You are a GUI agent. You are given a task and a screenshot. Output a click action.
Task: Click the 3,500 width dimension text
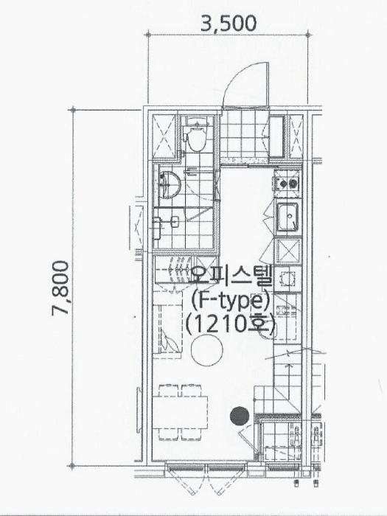228,24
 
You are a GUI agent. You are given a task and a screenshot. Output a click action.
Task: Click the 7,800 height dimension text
60,288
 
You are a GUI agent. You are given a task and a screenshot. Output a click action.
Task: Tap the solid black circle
240,416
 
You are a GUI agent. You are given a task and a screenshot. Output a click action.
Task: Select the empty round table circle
207,350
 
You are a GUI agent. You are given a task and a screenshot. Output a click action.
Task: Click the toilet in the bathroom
196,135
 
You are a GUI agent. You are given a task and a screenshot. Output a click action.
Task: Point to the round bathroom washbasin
169,185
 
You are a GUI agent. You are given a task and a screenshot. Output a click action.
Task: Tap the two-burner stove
287,184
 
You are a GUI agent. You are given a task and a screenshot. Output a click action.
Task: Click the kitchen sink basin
287,217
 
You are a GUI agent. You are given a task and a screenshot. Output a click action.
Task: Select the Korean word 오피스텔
230,276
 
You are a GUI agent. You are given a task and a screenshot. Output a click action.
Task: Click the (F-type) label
230,301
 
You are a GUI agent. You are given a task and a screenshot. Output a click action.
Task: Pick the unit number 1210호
230,324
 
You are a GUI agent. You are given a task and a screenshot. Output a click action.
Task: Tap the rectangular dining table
180,412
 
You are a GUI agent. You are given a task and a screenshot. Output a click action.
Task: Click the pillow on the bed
170,341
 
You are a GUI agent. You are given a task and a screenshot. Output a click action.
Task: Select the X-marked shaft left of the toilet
165,136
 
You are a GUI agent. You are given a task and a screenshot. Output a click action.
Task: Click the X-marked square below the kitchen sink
288,251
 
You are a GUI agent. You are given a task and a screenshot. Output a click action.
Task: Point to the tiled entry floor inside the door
244,134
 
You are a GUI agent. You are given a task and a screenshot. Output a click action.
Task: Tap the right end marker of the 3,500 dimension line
308,34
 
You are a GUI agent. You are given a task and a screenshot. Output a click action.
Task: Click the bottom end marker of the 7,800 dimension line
72,465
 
